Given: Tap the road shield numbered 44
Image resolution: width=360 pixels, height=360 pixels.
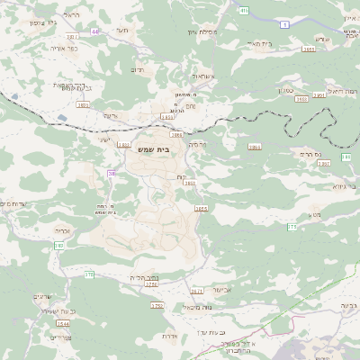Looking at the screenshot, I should pyautogui.click(x=95, y=31).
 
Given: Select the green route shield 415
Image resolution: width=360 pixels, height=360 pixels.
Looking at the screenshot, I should pyautogui.click(x=244, y=10).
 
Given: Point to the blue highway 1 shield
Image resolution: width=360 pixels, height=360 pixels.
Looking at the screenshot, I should pyautogui.click(x=283, y=25).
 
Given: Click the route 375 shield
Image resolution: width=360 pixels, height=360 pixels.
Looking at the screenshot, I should pyautogui.click(x=292, y=228).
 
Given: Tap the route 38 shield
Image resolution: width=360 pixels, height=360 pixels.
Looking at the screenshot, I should pyautogui.click(x=112, y=173).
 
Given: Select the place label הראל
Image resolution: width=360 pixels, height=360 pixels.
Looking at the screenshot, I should pyautogui.click(x=70, y=15).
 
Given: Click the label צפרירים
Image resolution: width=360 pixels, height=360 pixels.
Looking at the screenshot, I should pyautogui.click(x=60, y=337).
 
